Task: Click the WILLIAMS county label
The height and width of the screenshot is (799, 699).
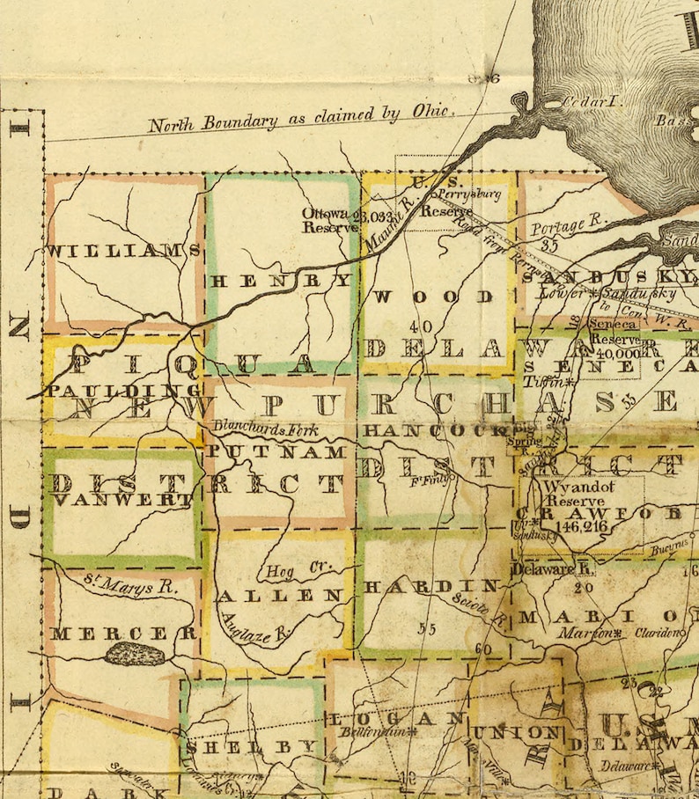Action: pos(124,251)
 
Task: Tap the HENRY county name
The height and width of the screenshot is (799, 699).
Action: pos(280,281)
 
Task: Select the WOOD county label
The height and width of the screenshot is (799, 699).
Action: pos(432,297)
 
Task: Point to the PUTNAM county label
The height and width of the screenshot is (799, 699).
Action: pos(276,451)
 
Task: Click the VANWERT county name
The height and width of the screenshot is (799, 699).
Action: pos(122,500)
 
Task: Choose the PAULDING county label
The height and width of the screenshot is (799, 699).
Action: pos(125,390)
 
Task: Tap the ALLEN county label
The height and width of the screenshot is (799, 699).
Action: pos(279,596)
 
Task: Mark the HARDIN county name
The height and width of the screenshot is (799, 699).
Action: pos(431,586)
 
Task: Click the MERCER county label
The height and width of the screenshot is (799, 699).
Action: pos(123,633)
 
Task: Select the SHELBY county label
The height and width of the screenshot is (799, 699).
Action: pos(251,746)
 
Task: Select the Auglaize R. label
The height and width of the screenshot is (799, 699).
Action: pos(257,630)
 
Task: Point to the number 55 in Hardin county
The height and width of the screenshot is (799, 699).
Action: pos(427,628)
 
